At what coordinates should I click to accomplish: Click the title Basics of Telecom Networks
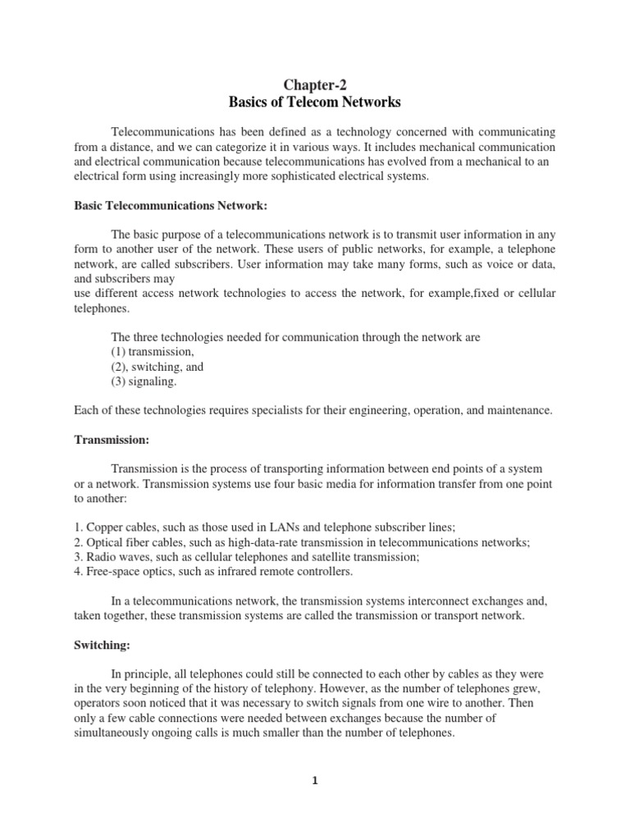click(314, 103)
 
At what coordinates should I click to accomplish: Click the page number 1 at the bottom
click(314, 781)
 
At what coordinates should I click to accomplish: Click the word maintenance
click(521, 410)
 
